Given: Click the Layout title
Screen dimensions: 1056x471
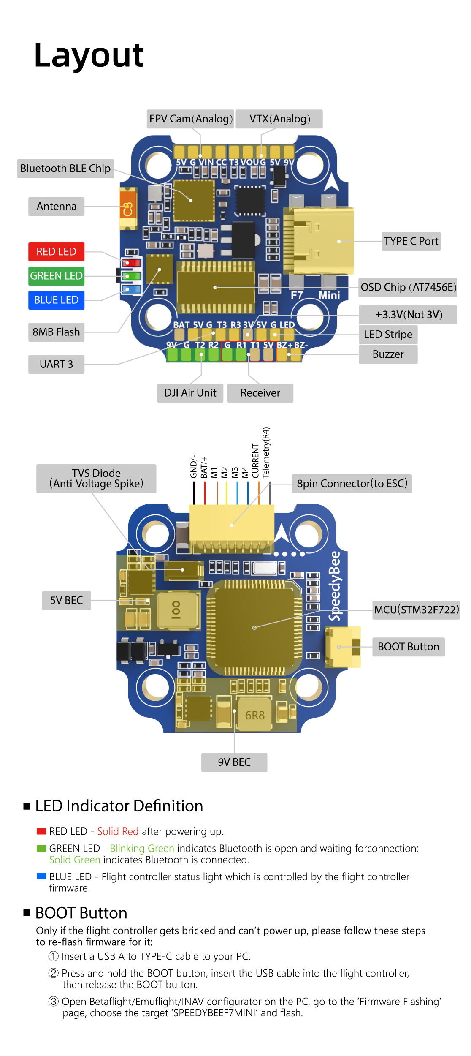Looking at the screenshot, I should click(89, 56).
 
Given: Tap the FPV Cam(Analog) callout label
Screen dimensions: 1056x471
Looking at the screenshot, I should click(191, 119).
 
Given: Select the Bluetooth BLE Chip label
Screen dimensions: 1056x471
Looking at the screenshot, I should click(65, 169).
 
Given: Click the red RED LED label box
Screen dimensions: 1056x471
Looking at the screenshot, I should click(56, 252).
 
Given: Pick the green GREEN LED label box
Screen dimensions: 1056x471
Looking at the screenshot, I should click(56, 276).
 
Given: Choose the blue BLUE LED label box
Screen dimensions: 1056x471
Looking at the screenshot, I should click(56, 300).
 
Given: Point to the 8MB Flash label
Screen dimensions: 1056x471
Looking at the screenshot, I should click(56, 332).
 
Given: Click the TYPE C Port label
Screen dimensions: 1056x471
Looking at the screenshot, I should click(411, 241).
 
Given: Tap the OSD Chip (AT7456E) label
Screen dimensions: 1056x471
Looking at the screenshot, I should click(408, 287).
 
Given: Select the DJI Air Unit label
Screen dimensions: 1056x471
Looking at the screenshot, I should click(190, 393).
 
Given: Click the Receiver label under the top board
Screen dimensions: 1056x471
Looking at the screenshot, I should click(260, 393).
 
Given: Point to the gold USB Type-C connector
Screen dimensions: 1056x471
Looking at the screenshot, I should click(323, 241).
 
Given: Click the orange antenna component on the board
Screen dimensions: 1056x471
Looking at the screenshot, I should click(128, 209).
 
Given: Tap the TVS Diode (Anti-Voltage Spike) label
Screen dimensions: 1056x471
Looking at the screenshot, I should click(96, 479).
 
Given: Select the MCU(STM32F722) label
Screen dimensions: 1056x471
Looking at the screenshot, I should click(416, 610).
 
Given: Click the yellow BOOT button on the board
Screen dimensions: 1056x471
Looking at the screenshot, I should click(342, 647).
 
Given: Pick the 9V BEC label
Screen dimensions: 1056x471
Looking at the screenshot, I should click(234, 762).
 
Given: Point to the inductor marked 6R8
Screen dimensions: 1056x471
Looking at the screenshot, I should click(254, 715).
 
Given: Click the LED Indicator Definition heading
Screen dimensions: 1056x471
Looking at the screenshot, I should click(119, 806).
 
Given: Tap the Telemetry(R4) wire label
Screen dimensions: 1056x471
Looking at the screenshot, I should click(266, 453).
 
